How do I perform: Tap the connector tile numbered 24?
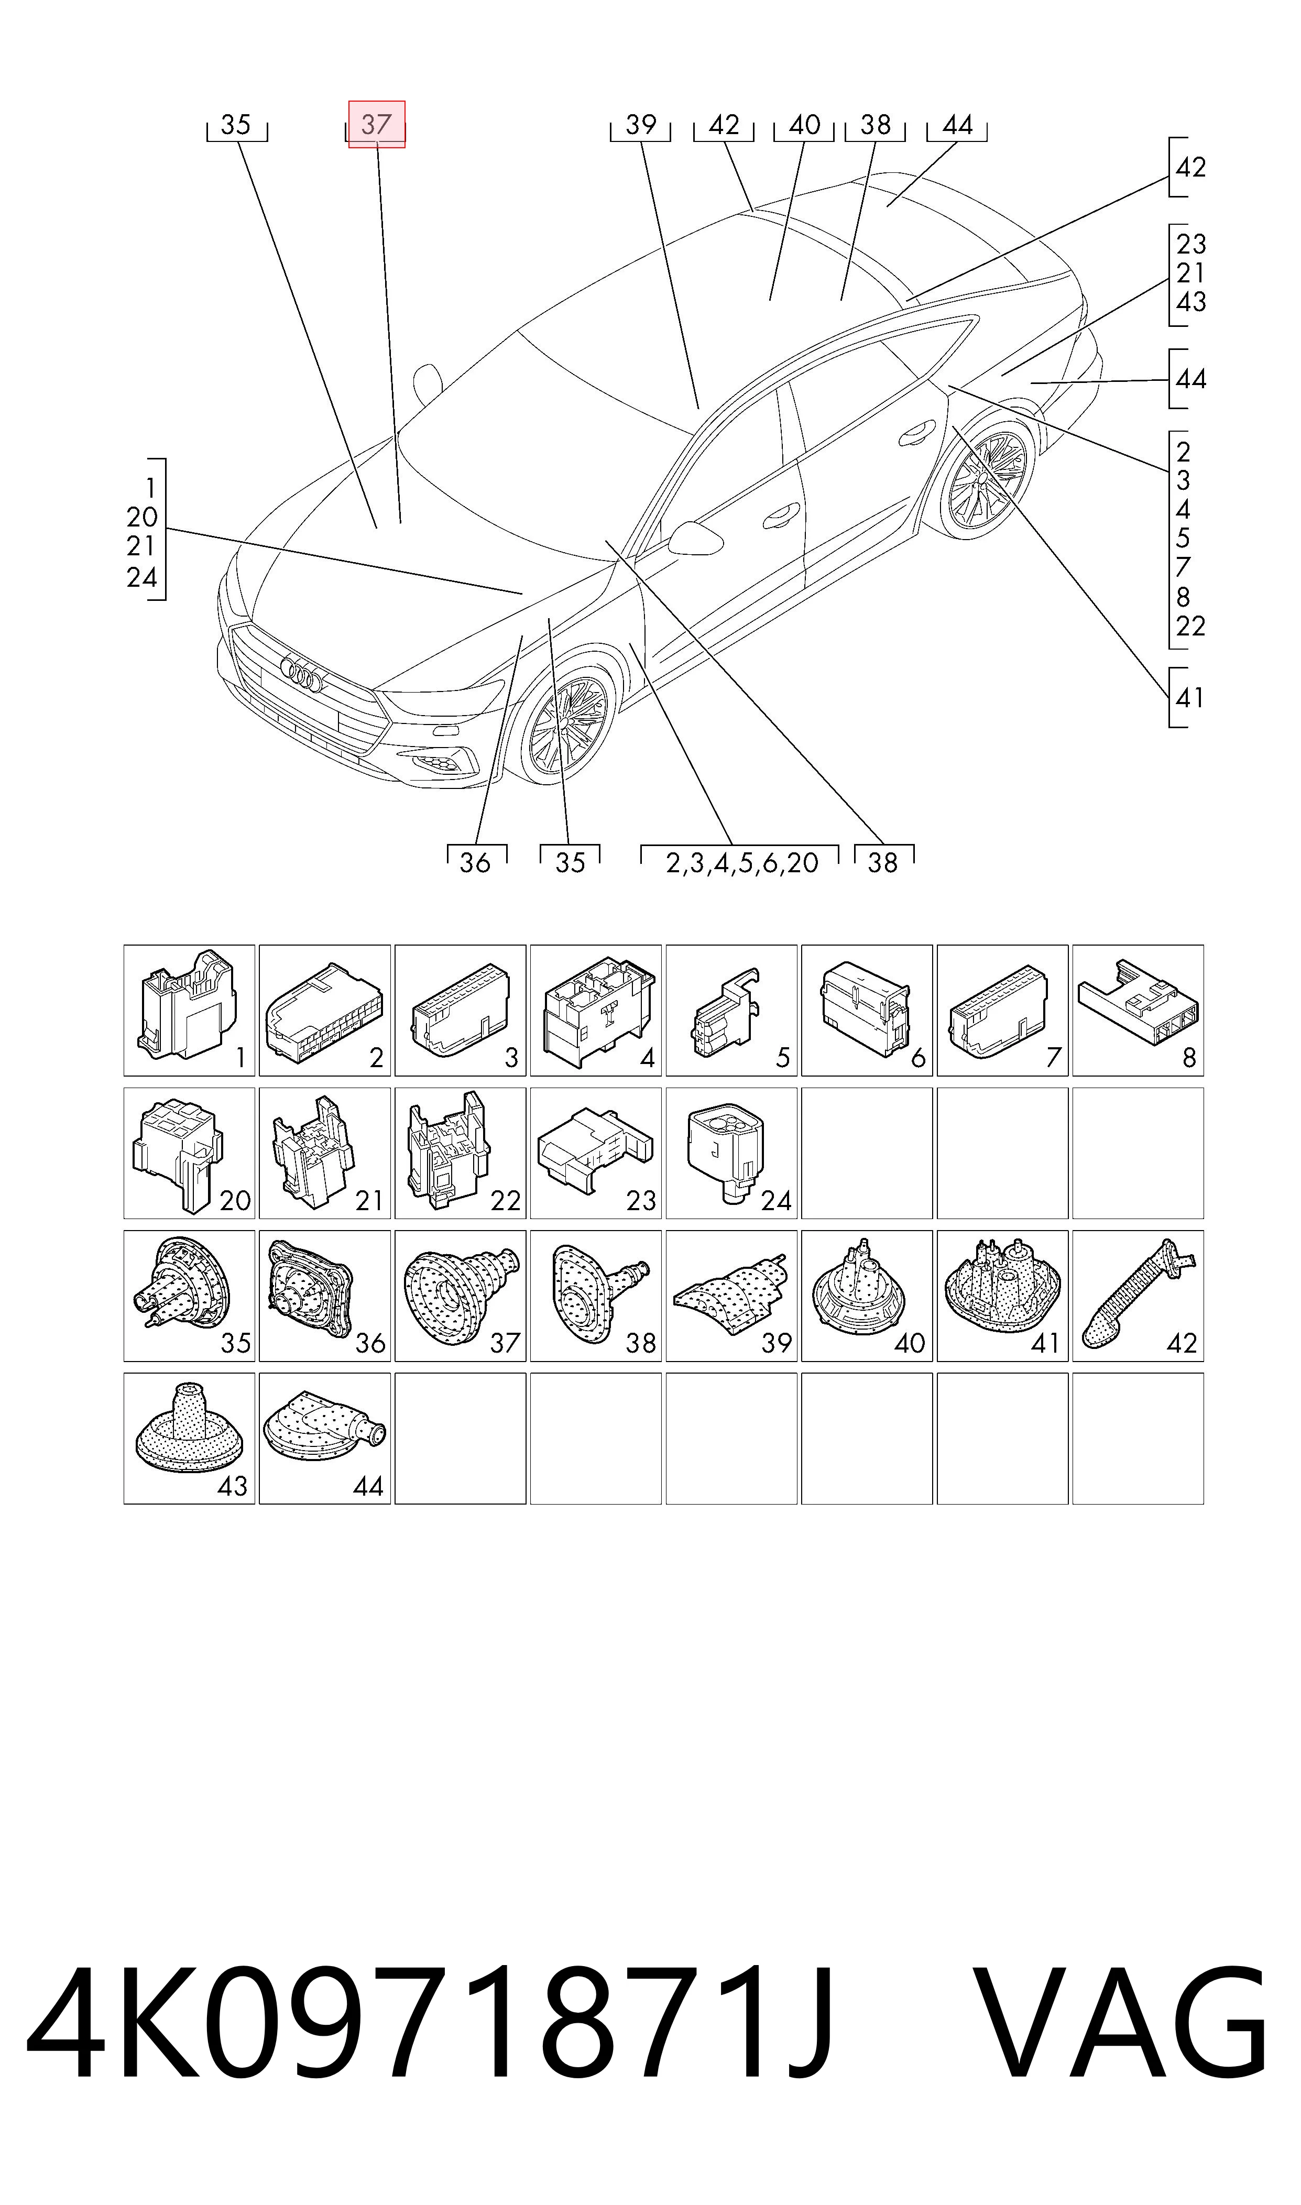tap(731, 1154)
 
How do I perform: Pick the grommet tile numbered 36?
tap(325, 1296)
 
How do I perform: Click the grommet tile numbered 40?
tap(867, 1296)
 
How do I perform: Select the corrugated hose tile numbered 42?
tap(1138, 1296)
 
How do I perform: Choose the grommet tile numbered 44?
tap(325, 1439)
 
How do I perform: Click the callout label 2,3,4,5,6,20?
tap(742, 863)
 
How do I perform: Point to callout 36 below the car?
tap(475, 863)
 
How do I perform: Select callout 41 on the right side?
tap(1190, 698)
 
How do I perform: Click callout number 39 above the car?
tap(641, 125)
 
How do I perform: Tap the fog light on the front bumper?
tap(443, 763)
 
